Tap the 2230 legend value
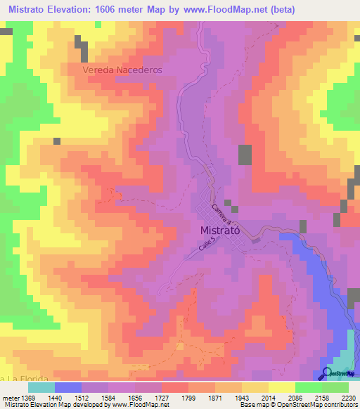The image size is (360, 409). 347,397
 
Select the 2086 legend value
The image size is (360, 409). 297,397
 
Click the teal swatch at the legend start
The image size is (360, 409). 41,387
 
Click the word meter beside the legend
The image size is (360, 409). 9,397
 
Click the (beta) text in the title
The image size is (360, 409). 289,9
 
